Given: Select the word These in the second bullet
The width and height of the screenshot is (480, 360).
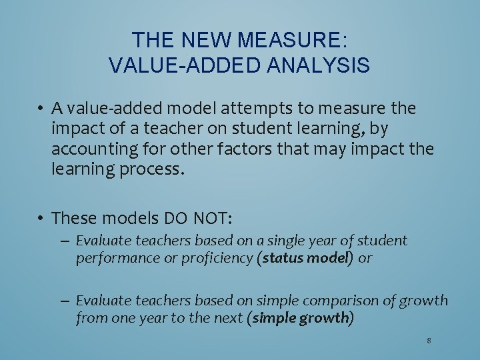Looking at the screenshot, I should (x=73, y=219).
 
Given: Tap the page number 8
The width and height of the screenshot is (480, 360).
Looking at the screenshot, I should (x=429, y=341).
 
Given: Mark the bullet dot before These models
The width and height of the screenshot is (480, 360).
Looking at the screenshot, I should (x=41, y=219).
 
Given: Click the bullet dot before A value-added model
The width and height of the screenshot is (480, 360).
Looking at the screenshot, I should (x=41, y=108).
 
